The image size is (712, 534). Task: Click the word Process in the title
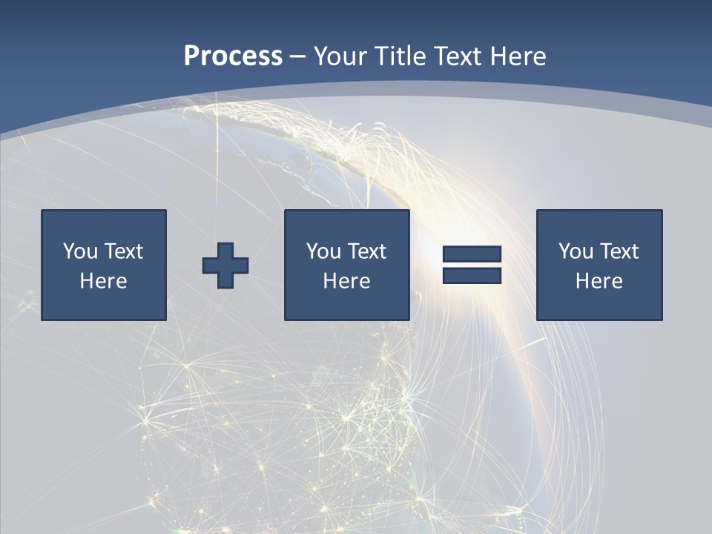click(233, 56)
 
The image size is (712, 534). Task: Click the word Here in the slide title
click(517, 56)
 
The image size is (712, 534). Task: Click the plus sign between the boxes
click(225, 266)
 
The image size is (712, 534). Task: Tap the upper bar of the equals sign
click(472, 254)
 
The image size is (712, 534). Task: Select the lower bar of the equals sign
click(472, 275)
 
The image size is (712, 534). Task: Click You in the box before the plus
click(80, 251)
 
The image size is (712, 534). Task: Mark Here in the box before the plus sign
click(103, 281)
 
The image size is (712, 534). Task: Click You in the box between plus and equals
click(323, 251)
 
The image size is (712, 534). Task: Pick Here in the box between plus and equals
click(346, 281)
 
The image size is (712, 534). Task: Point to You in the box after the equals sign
click(576, 251)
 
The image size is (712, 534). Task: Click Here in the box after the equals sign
click(599, 281)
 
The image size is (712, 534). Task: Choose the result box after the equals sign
click(599, 304)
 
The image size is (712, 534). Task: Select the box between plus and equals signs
click(346, 304)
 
